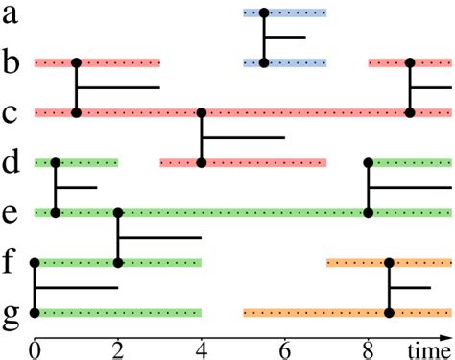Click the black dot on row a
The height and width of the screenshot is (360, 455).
(x=264, y=13)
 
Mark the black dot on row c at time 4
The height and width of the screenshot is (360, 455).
(x=202, y=113)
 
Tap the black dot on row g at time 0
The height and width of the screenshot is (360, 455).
(x=35, y=312)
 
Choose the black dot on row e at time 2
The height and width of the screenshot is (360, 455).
(x=118, y=213)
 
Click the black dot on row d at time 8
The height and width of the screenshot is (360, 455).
(x=369, y=163)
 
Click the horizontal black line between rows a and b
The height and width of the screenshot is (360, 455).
(x=285, y=38)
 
